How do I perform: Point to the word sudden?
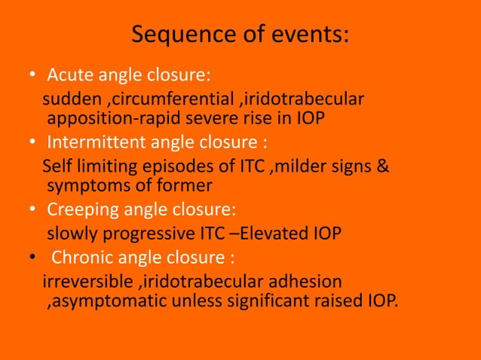tap(67, 100)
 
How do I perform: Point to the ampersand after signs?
tap(383, 166)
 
